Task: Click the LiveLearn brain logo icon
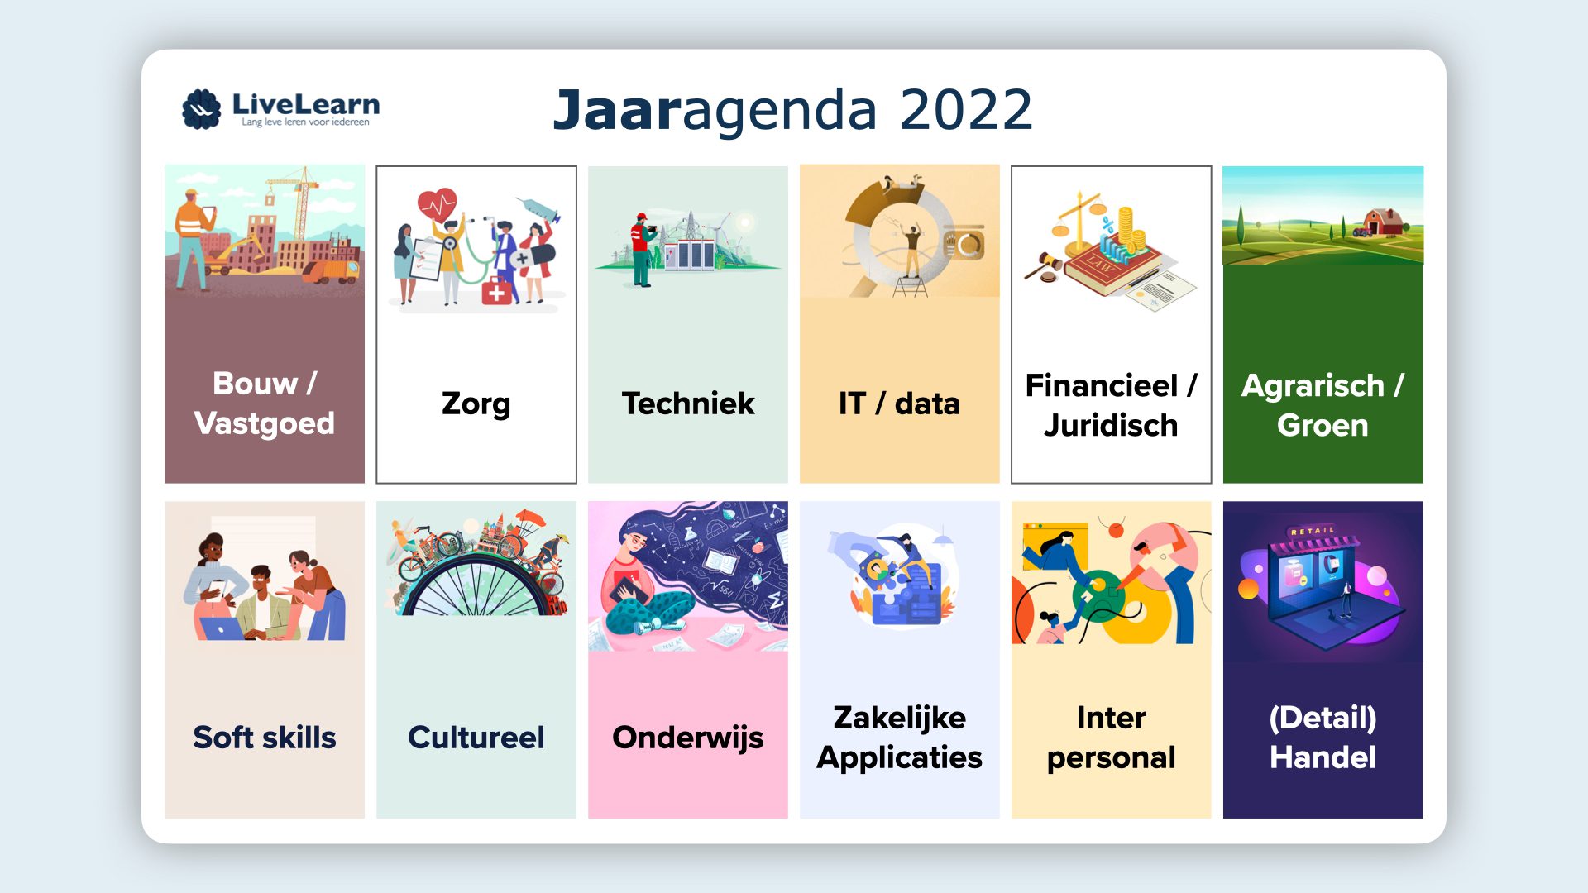pos(201,109)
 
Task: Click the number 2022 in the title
pos(966,110)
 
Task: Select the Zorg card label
pos(476,404)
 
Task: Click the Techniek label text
pos(688,404)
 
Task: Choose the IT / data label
pos(899,404)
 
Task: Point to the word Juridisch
pos(1111,425)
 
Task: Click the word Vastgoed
pos(265,423)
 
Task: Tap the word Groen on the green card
pos(1323,425)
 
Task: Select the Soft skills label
pos(265,737)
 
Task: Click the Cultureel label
pos(476,737)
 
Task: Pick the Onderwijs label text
pos(688,738)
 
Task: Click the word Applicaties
pos(899,758)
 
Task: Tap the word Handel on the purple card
pos(1323,757)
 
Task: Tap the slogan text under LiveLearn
pos(305,122)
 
